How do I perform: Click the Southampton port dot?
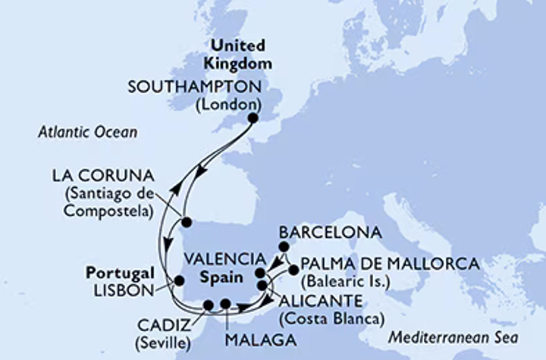tap(253, 118)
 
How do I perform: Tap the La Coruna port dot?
tap(187, 222)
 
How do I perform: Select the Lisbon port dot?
tap(178, 280)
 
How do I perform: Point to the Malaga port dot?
tap(224, 305)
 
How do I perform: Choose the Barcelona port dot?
tap(284, 246)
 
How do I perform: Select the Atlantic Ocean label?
tap(86, 133)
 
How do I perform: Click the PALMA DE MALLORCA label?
tap(390, 265)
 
